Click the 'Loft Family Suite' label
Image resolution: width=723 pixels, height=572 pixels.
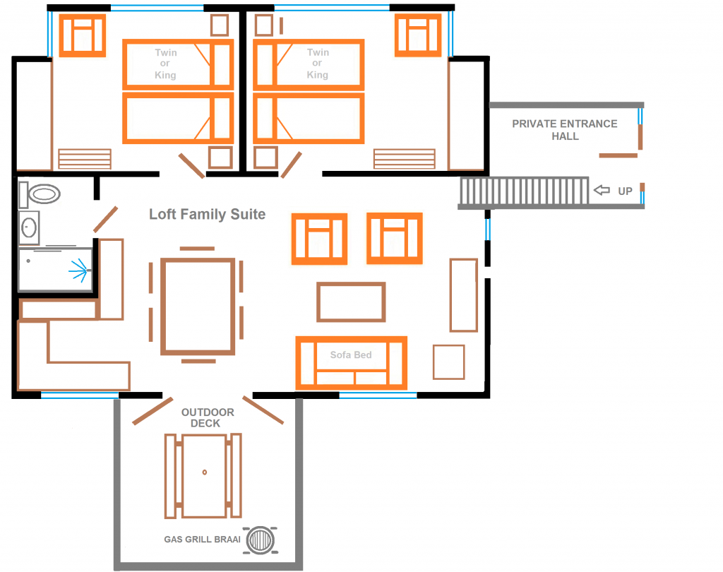(x=207, y=215)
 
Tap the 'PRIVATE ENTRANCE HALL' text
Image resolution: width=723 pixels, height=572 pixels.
(x=564, y=130)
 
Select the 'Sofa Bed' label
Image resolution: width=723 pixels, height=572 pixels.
(x=351, y=354)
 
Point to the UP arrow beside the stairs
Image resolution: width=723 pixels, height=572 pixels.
(x=602, y=190)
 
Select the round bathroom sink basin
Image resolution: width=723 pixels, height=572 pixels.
(x=30, y=227)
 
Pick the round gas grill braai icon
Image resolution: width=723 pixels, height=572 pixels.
(x=261, y=540)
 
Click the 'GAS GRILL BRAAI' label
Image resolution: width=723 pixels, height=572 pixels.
(x=202, y=540)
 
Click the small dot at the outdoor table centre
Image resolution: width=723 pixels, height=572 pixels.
(x=204, y=471)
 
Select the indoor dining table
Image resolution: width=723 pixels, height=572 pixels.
(x=198, y=305)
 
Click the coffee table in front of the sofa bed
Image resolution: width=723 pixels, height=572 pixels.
(x=351, y=302)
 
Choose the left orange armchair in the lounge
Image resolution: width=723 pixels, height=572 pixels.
(x=319, y=239)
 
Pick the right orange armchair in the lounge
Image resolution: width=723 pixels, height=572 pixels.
(x=394, y=239)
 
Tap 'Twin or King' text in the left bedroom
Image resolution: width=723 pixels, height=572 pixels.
(x=166, y=64)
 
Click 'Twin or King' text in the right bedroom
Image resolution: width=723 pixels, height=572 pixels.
(x=318, y=64)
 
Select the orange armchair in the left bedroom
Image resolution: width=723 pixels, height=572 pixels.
(x=82, y=35)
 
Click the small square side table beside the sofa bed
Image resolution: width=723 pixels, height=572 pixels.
(x=448, y=362)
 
